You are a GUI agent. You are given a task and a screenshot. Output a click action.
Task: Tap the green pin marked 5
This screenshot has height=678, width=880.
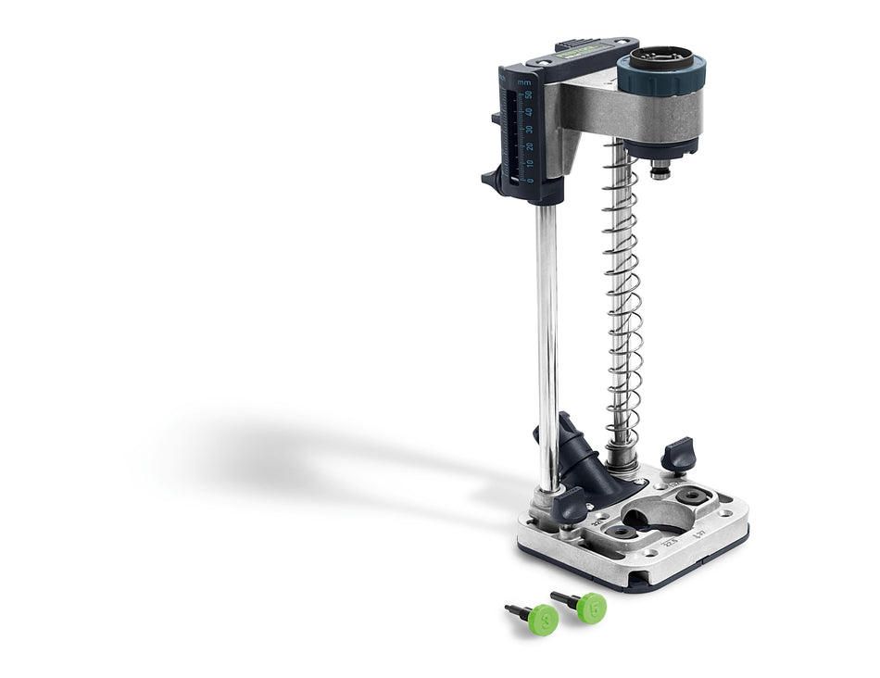tap(590, 608)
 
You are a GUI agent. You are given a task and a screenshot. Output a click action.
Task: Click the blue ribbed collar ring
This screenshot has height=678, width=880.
tap(661, 75)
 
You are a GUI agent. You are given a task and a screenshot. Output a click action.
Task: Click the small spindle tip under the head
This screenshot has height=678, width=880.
tap(660, 170)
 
